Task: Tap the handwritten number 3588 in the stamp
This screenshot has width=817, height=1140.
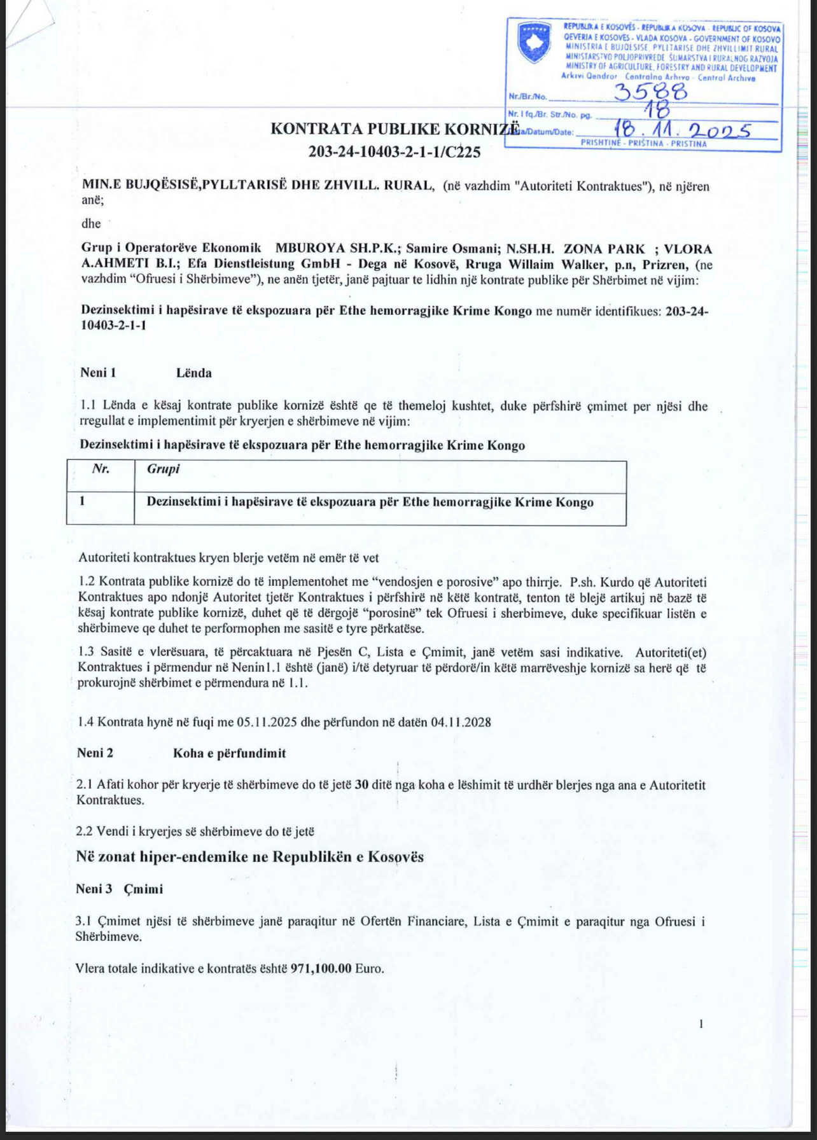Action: pyautogui.click(x=650, y=92)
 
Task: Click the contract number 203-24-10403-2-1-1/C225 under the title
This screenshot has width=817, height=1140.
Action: pyautogui.click(x=394, y=151)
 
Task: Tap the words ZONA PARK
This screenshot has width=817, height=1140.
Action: pyautogui.click(x=604, y=249)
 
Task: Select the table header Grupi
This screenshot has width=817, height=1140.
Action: pyautogui.click(x=163, y=469)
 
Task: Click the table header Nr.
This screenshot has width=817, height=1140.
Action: pyautogui.click(x=101, y=469)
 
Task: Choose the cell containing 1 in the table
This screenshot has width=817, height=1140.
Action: pyautogui.click(x=83, y=501)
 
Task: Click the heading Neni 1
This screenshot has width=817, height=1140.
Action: pyautogui.click(x=98, y=373)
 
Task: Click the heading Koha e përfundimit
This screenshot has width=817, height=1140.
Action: pyautogui.click(x=229, y=753)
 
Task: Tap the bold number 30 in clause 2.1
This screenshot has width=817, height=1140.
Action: pyautogui.click(x=361, y=784)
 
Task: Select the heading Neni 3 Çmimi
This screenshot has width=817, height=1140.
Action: pyautogui.click(x=120, y=889)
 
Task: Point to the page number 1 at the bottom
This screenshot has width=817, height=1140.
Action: pyautogui.click(x=701, y=1024)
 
